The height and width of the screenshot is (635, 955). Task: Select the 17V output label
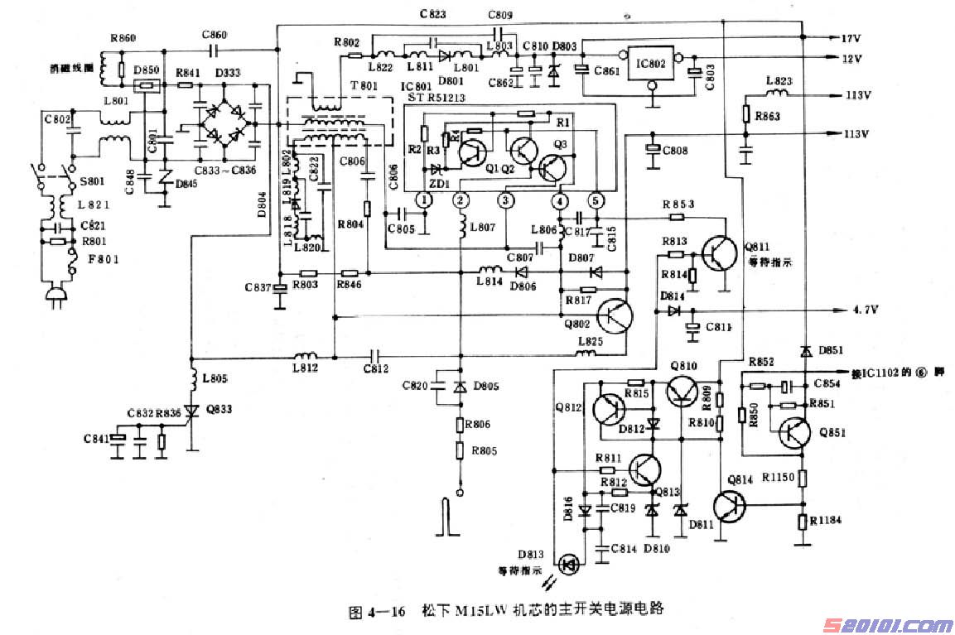coord(851,39)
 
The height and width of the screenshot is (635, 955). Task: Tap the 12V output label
coord(851,59)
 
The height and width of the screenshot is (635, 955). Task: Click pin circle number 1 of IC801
coord(424,200)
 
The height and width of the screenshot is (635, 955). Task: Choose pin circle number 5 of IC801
coord(595,200)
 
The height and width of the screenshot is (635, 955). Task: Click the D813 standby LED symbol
coord(569,565)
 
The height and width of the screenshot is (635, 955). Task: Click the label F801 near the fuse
coord(97,259)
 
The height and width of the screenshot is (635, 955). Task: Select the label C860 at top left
coord(214,35)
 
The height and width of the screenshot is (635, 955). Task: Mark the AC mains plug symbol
coord(57,293)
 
